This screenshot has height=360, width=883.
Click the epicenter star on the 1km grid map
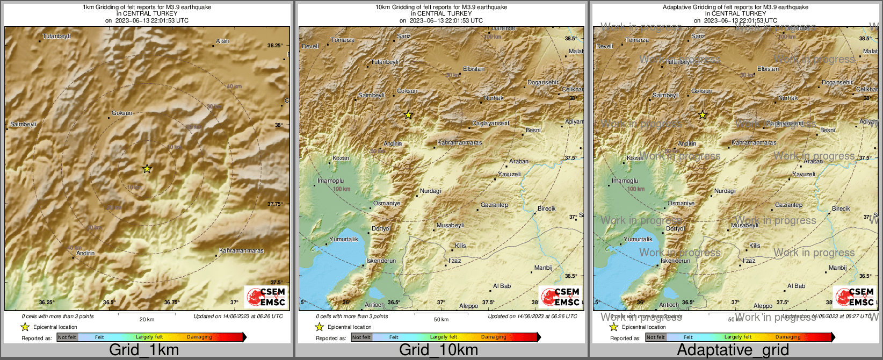pyautogui.click(x=147, y=169)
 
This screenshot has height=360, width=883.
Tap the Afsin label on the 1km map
pyautogui.click(x=222, y=41)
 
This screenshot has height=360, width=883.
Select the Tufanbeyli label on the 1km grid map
pyautogui.click(x=56, y=36)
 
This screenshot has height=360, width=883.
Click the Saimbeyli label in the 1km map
pyautogui.click(x=23, y=124)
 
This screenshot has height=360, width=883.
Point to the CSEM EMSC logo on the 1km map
pyautogui.click(x=266, y=297)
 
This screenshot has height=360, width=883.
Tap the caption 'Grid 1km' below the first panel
pyautogui.click(x=144, y=350)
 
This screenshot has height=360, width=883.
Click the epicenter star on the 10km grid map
pyautogui.click(x=408, y=115)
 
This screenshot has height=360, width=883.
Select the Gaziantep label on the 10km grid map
pyautogui.click(x=494, y=205)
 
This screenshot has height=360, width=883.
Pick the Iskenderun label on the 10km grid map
pyautogui.click(x=381, y=261)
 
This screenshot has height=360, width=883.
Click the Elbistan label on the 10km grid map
pyautogui.click(x=474, y=69)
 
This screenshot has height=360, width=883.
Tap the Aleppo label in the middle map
pyautogui.click(x=468, y=306)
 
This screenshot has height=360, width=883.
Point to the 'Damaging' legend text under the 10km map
pyautogui.click(x=494, y=337)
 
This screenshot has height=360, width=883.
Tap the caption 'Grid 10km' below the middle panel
pyautogui.click(x=438, y=350)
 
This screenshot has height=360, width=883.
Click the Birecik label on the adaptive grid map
pyautogui.click(x=841, y=208)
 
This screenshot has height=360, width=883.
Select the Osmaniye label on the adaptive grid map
pyautogui.click(x=681, y=203)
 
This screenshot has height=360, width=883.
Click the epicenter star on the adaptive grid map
pyautogui.click(x=703, y=115)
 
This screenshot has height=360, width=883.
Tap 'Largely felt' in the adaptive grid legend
pyautogui.click(x=738, y=337)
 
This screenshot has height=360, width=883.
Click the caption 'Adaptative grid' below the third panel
pyautogui.click(x=733, y=350)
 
